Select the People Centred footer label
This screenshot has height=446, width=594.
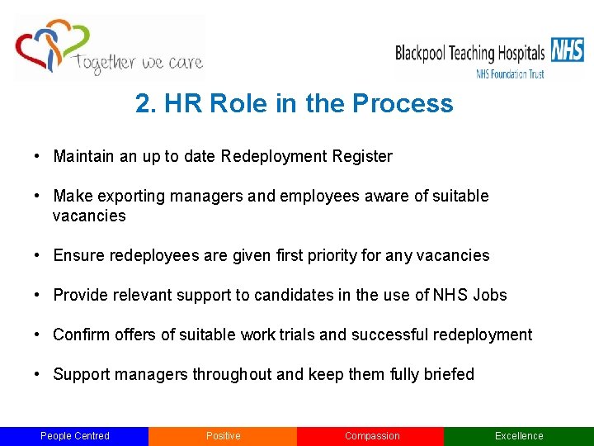[x=75, y=436]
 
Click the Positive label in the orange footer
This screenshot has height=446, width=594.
[x=223, y=436]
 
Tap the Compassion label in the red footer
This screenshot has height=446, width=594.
[x=371, y=436]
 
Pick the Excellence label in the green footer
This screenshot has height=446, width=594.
[x=519, y=436]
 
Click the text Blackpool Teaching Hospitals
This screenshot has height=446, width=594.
[x=470, y=54]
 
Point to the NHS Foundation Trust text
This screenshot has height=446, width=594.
[x=510, y=74]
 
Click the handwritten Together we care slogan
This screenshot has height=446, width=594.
[x=138, y=62]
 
